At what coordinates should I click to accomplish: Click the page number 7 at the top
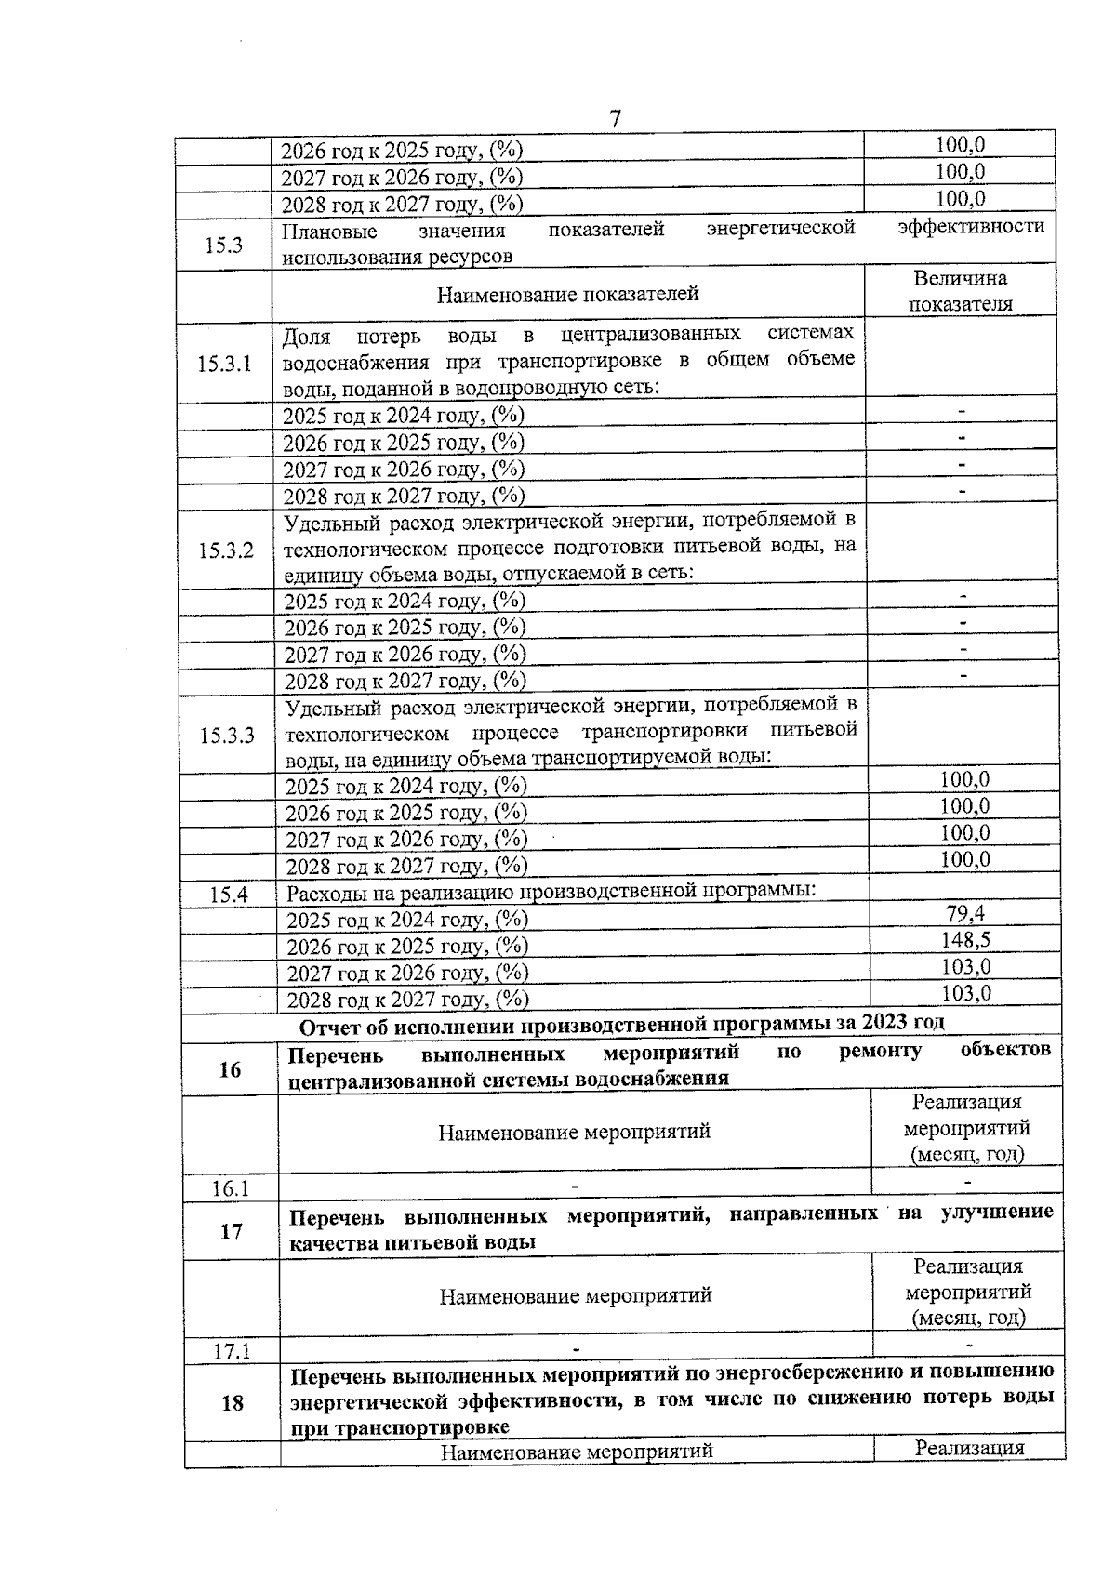pos(615,120)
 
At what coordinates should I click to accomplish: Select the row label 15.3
pos(224,245)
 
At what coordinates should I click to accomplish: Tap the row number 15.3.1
pos(224,364)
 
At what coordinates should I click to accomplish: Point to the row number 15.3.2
pos(225,550)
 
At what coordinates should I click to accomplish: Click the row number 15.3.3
pos(227,736)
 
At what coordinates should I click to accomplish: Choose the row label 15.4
pos(229,895)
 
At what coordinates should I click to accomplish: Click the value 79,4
pos(965,913)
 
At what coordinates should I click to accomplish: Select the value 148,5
pos(965,940)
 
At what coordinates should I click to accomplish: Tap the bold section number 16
pos(230,1069)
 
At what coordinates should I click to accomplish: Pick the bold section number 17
pos(232,1231)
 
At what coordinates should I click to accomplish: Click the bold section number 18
pos(232,1402)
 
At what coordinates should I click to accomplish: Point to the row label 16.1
pos(231,1188)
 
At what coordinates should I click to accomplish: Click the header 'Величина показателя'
pos(960,291)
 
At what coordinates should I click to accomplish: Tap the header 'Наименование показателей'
pos(568,295)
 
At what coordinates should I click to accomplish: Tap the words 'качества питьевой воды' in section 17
pos(412,1242)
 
